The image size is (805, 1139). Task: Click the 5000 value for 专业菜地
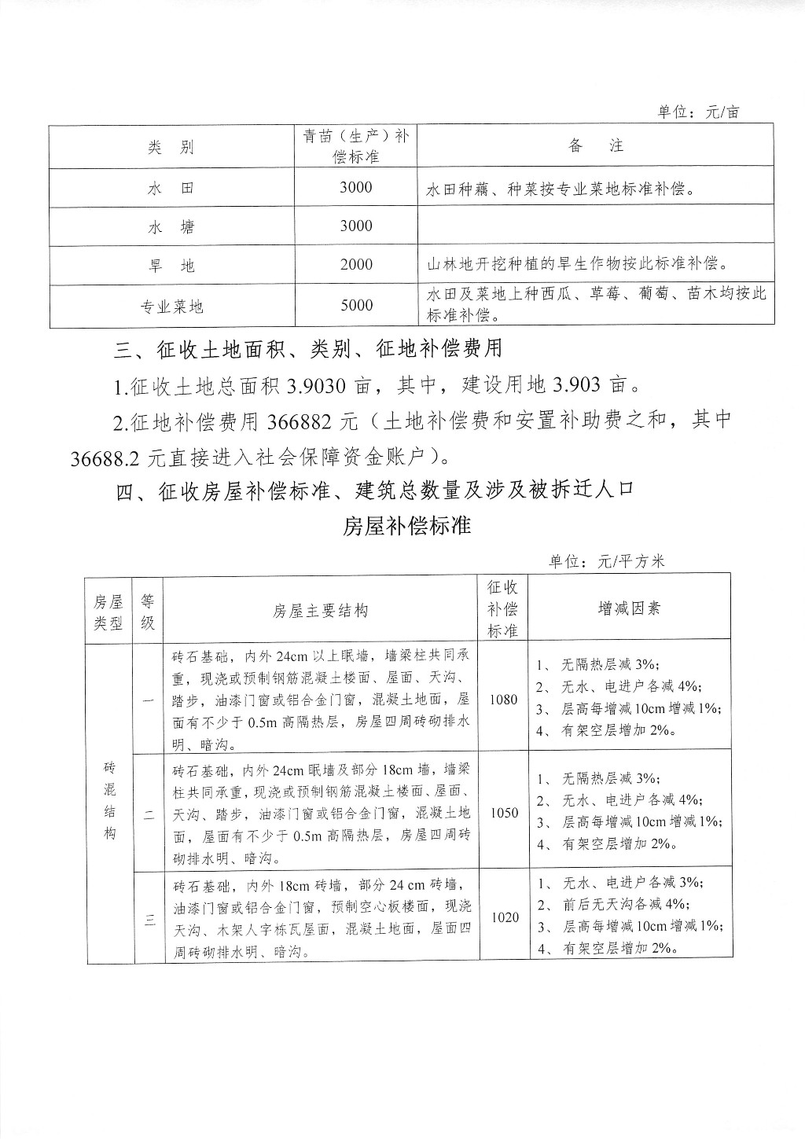tap(356, 305)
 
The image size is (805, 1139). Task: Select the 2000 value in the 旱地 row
tap(356, 265)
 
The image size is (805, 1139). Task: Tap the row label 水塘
tap(171, 227)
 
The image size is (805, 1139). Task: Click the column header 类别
tap(171, 147)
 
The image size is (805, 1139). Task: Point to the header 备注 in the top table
tap(595, 146)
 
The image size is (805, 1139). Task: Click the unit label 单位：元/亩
tap(698, 112)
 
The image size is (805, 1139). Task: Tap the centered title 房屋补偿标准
tap(406, 525)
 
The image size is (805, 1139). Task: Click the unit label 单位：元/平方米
tap(607, 561)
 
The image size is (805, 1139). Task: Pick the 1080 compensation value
tap(503, 700)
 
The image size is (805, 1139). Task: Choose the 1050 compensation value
tap(503, 813)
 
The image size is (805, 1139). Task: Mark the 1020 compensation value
tap(504, 917)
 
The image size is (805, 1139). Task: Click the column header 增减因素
tap(630, 608)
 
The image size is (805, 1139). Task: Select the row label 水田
tap(171, 189)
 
